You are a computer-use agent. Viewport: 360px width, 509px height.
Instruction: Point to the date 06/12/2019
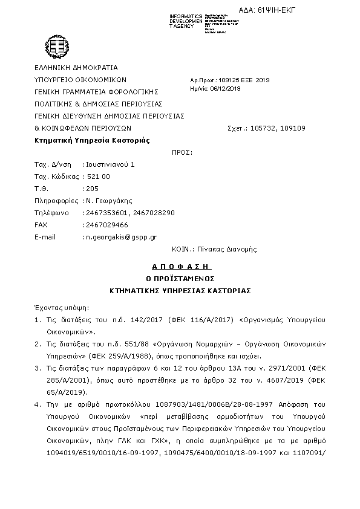click(x=226, y=88)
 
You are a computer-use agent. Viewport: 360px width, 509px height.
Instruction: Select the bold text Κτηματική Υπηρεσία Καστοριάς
click(x=92, y=140)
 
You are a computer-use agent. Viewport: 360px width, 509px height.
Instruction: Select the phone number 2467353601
click(x=107, y=213)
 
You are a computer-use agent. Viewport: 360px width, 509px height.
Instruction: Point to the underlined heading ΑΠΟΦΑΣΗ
click(x=180, y=266)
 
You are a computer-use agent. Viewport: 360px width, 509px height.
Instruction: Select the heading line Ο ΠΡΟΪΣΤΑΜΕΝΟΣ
click(x=180, y=278)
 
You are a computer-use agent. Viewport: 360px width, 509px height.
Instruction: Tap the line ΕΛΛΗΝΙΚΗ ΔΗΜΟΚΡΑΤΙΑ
click(x=76, y=68)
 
